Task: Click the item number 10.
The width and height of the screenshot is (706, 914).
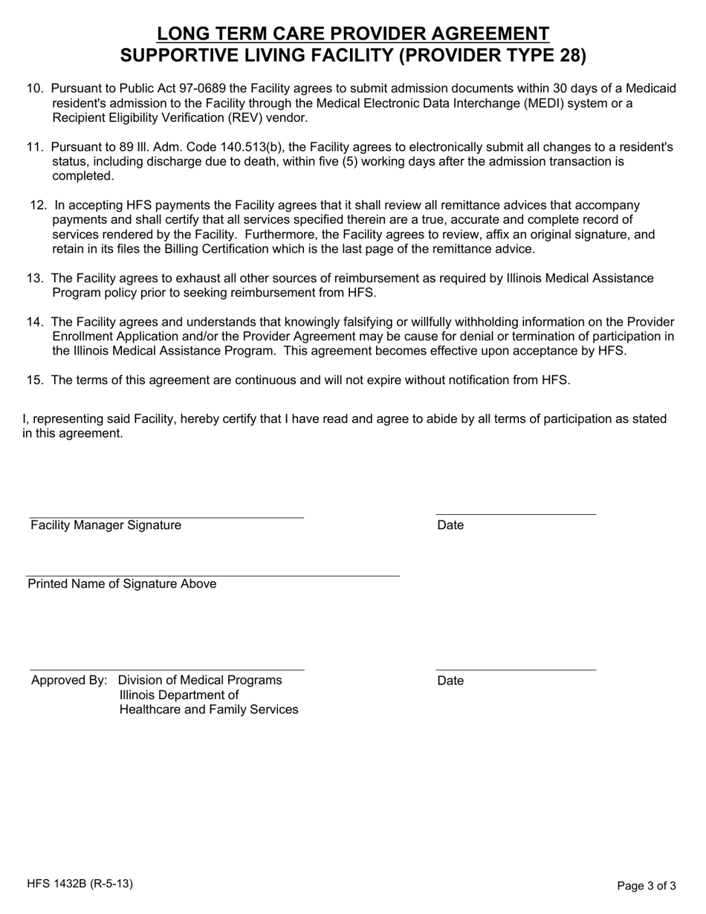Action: (35, 88)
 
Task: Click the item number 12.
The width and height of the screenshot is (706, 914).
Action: (39, 205)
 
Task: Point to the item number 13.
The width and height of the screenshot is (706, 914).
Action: (35, 278)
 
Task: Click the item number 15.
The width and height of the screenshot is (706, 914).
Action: (35, 380)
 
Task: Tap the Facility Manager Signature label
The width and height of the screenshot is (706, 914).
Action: (106, 525)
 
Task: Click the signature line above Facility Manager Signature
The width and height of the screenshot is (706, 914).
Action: (166, 517)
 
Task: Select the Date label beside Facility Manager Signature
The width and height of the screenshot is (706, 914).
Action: (450, 525)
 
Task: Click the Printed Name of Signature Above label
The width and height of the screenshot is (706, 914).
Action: (122, 584)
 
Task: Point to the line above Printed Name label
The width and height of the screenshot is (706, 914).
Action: (213, 576)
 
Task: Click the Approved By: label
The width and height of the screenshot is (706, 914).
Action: (69, 680)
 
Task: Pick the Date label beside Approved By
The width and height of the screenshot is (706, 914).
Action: (450, 681)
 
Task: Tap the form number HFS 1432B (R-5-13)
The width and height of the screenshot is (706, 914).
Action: (80, 884)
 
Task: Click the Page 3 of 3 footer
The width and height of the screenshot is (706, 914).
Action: (647, 885)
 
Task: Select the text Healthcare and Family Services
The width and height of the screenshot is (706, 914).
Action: (209, 710)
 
